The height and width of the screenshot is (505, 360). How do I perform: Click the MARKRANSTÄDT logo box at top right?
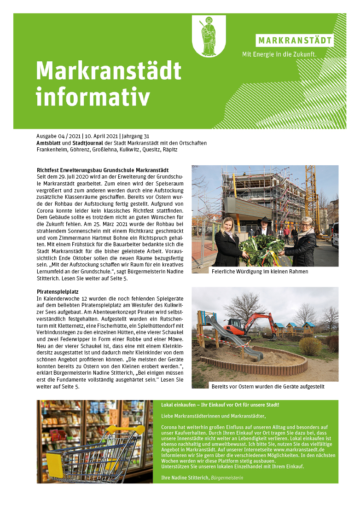295,41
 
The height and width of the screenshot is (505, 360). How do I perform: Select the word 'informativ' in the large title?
93,97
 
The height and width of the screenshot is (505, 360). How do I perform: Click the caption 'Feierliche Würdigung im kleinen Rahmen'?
260,272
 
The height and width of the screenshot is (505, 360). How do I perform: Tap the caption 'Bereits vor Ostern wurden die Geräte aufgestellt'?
267,386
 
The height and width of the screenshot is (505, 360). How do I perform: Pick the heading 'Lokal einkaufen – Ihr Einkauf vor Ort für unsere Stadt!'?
220,405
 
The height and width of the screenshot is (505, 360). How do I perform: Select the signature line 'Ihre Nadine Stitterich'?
185,478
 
